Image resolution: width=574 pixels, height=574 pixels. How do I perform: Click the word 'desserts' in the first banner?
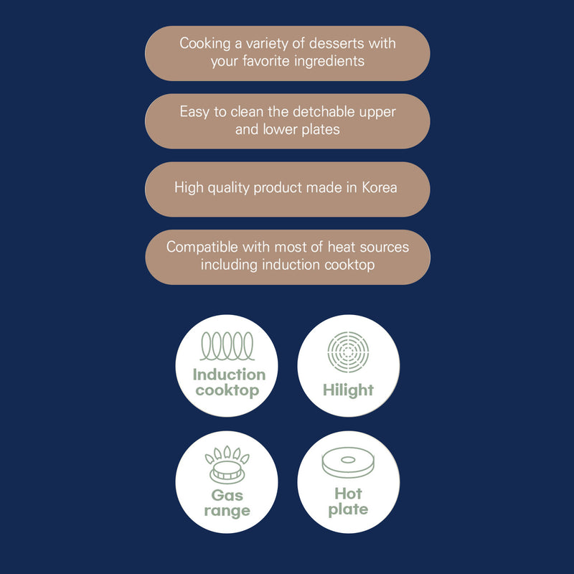(337, 43)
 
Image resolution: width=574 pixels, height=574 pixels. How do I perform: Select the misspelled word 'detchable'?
(324, 112)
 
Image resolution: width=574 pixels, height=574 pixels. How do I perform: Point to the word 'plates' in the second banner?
(321, 130)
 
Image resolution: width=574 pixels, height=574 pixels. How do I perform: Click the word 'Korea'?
(380, 187)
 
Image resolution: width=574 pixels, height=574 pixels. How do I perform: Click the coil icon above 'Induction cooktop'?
(227, 346)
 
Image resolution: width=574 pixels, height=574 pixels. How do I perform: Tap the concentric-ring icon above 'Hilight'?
(348, 352)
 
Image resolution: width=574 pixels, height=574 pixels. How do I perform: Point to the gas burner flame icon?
(227, 464)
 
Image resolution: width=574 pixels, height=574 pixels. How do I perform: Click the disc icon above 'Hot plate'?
(348, 462)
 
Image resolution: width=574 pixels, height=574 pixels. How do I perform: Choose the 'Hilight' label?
(348, 390)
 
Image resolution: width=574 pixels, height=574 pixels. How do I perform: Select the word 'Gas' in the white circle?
(227, 495)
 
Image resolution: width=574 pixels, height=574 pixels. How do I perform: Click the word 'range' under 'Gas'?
(227, 511)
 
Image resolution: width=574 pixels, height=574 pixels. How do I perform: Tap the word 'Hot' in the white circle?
(348, 494)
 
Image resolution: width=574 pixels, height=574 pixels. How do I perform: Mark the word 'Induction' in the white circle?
(229, 375)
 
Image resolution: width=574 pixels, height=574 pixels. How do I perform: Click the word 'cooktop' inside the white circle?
(227, 390)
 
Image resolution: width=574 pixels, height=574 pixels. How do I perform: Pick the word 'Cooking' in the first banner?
(205, 44)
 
